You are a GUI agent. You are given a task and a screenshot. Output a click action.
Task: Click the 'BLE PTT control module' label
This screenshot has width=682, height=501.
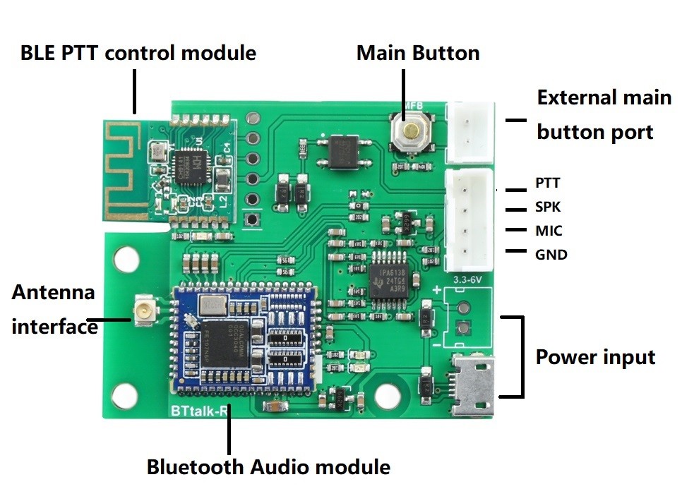[138, 53]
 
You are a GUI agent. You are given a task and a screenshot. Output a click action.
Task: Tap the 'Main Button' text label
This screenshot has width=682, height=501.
[417, 53]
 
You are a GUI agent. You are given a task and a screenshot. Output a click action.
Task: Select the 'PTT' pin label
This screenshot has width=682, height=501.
[547, 183]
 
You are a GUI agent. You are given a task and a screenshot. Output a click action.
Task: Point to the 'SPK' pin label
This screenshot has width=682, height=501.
[548, 207]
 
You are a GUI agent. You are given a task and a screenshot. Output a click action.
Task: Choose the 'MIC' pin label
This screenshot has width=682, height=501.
[549, 231]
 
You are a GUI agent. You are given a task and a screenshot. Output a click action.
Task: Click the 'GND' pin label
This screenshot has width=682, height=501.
[551, 255]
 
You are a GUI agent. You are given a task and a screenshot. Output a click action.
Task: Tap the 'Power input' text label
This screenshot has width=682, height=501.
[595, 357]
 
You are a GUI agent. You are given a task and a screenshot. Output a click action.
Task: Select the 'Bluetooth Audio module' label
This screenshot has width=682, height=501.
[268, 467]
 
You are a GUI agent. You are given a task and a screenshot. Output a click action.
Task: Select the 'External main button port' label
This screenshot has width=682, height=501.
[603, 114]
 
